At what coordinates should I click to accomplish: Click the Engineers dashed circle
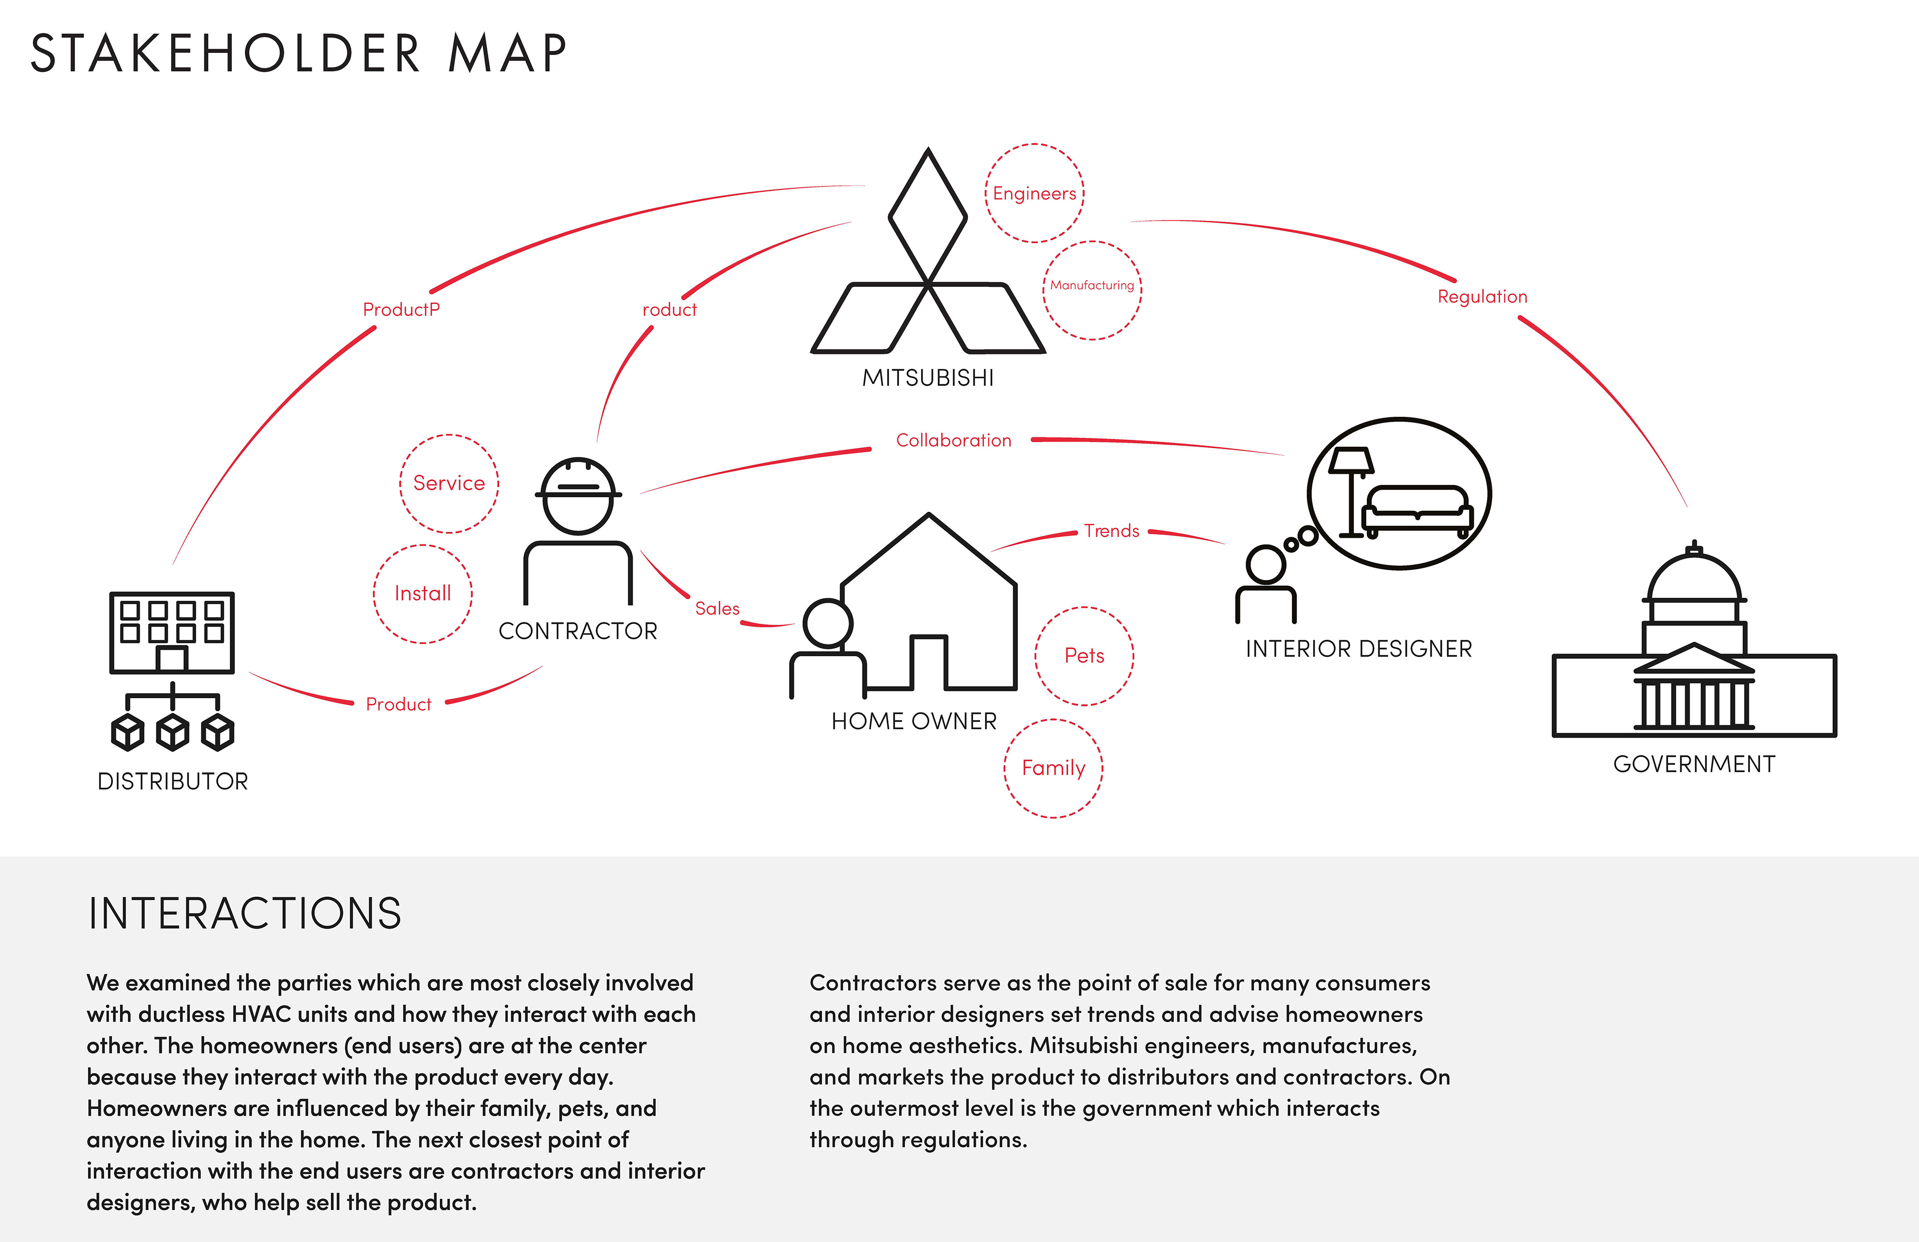pos(1034,193)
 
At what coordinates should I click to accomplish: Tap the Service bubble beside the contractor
pos(449,483)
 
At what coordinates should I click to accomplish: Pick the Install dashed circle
pos(422,594)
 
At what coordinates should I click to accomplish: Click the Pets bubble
pos(1084,656)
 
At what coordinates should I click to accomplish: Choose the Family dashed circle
pos(1053,768)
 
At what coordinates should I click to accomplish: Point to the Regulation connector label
pos(1482,297)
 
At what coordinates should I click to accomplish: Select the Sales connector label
pos(717,608)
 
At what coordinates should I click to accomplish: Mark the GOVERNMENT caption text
pos(1694,764)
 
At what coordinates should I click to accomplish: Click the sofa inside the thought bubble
pos(1417,510)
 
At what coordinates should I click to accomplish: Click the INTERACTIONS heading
pos(244,913)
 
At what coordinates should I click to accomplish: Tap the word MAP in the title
pos(507,54)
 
